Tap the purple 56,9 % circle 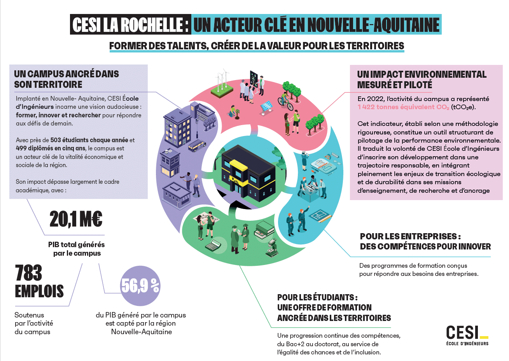point(140,286)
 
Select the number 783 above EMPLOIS point(29,273)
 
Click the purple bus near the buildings point(197,146)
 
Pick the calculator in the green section point(213,246)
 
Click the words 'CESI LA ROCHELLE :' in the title point(131,25)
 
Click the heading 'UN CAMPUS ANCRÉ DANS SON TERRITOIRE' point(66,79)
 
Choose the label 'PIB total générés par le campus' point(77,249)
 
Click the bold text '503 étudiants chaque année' point(89,140)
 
